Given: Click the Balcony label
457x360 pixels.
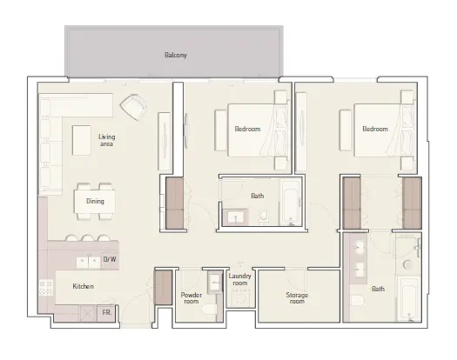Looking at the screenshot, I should coord(176,56).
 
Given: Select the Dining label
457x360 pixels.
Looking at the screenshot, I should coord(95,201).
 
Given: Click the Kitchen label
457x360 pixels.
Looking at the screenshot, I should coord(84,286).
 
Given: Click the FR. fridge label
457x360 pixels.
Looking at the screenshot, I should coord(106,310).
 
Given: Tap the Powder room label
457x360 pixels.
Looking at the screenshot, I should coord(192,298).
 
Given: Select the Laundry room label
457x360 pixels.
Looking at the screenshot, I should coord(239,280).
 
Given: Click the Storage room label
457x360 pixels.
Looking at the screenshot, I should coord(298,298).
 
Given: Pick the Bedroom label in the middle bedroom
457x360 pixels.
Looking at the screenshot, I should coord(247,130).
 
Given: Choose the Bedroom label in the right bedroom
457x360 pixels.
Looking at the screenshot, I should coord(374,130).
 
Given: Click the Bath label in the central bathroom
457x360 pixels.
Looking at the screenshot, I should coord(257,196).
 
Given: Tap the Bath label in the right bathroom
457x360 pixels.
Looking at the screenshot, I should coord(378,289).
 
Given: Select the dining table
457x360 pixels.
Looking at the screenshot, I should coord(94,201).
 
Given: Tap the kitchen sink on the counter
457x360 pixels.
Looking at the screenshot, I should coord(87,259).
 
